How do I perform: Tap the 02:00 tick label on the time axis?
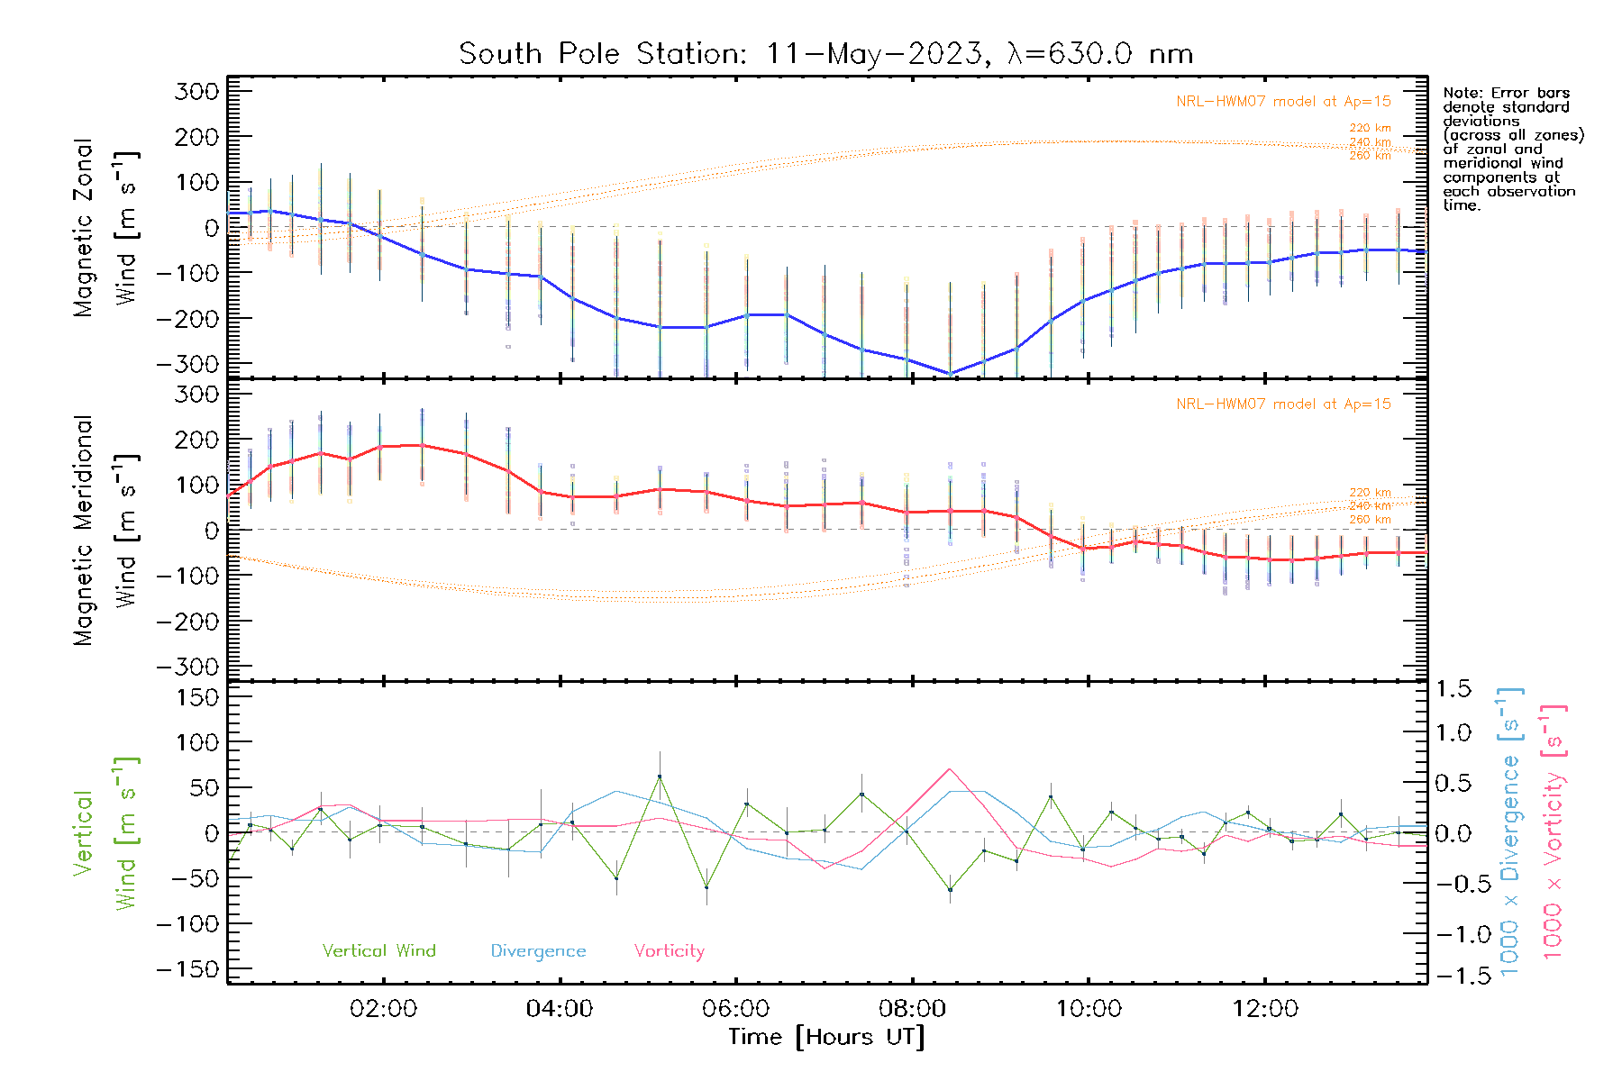pyautogui.click(x=383, y=1009)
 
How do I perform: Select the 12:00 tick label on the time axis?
pyautogui.click(x=1265, y=1009)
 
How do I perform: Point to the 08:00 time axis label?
pyautogui.click(x=912, y=1009)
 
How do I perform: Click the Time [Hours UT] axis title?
pyautogui.click(x=826, y=1038)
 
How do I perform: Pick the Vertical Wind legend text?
pyautogui.click(x=378, y=951)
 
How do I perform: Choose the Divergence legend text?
pyautogui.click(x=538, y=951)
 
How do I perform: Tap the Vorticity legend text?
pyautogui.click(x=669, y=951)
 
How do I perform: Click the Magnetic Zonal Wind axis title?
pyautogui.click(x=105, y=228)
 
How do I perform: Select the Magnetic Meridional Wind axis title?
pyautogui.click(x=105, y=531)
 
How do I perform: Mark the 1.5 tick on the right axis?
pyautogui.click(x=1453, y=689)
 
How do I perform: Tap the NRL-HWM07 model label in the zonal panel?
pyautogui.click(x=1283, y=102)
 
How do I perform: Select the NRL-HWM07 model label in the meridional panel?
pyautogui.click(x=1283, y=404)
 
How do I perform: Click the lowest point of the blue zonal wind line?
pyautogui.click(x=950, y=373)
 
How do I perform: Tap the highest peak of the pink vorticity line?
pyautogui.click(x=950, y=769)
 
